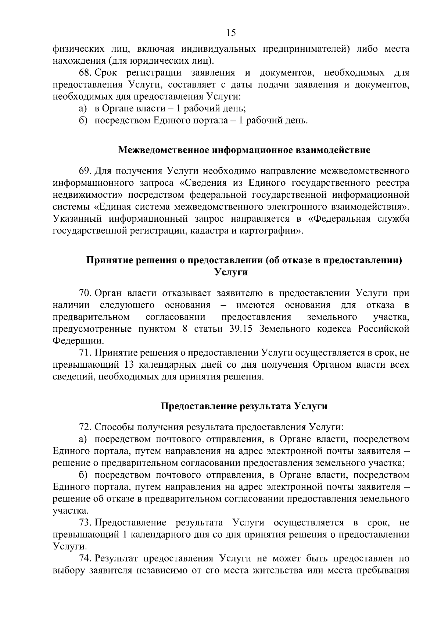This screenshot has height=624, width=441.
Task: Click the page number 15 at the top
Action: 231,33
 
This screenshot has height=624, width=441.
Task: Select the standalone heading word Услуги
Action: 230,272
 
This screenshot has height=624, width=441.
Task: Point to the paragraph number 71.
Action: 86,353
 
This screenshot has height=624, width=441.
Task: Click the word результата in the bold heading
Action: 265,406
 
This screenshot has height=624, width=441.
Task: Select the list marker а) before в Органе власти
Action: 82,108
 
